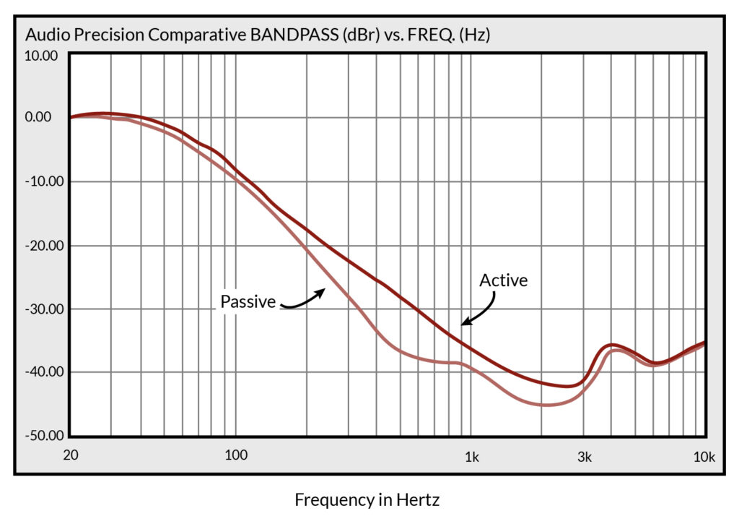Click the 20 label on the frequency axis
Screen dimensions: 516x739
click(71, 455)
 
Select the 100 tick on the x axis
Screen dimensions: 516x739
click(235, 455)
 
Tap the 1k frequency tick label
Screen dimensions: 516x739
click(471, 455)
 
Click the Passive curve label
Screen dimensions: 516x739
click(248, 302)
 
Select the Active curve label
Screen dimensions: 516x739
click(504, 280)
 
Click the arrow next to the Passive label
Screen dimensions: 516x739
click(303, 299)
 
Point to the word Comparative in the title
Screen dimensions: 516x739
click(188, 35)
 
